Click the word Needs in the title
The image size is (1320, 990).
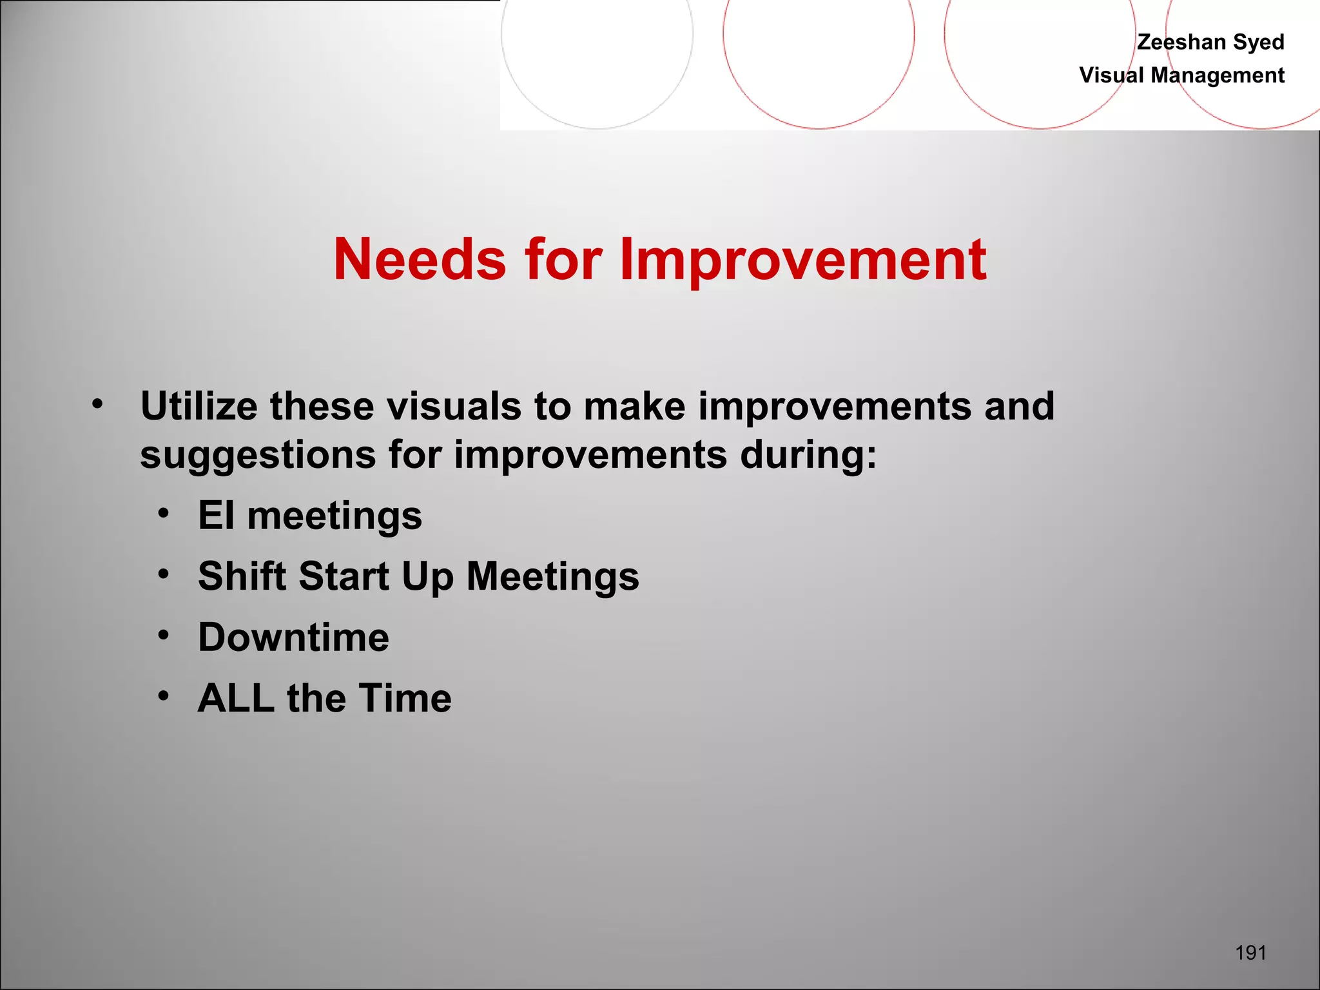[420, 259]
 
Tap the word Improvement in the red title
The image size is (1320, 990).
[802, 259]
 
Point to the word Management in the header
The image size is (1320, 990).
[1218, 75]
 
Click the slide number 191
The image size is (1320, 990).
[1250, 953]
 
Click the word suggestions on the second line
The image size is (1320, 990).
[258, 455]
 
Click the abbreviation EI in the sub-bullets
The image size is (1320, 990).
[216, 516]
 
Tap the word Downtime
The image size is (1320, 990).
[293, 637]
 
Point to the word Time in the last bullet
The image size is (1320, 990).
[405, 698]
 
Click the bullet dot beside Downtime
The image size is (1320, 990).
[164, 636]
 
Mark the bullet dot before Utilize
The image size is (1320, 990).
[97, 405]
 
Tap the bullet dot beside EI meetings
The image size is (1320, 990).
[164, 514]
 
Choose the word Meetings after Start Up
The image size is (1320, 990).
[552, 576]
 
